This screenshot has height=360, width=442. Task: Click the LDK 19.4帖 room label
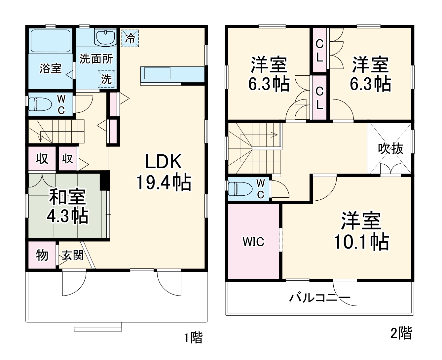(164, 172)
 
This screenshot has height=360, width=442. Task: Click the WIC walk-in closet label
(253, 242)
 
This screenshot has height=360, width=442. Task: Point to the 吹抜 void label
(391, 149)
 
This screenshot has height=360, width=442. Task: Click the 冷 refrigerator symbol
(130, 38)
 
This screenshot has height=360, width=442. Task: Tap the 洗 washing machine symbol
(106, 79)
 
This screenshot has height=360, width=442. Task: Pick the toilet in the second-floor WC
(240, 189)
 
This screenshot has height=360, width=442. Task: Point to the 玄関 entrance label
(73, 255)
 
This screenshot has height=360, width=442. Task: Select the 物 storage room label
(42, 255)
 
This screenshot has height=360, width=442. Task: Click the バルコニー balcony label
(319, 298)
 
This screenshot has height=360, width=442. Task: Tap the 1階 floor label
(193, 338)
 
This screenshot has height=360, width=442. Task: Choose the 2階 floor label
(401, 333)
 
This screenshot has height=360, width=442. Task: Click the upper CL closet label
(319, 51)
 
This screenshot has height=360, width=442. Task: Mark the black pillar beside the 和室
(104, 180)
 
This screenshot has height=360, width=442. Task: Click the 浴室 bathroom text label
(50, 68)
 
